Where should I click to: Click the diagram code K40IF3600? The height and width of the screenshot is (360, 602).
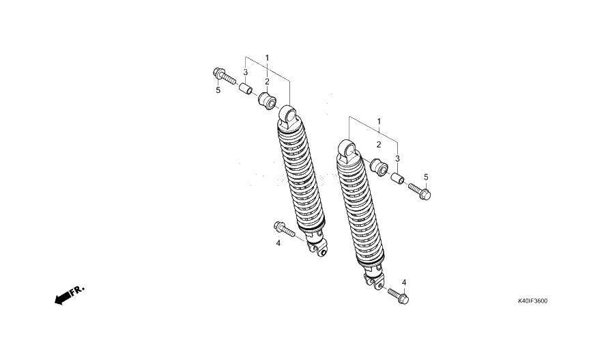click(532, 301)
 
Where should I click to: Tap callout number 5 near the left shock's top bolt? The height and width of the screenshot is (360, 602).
click(218, 90)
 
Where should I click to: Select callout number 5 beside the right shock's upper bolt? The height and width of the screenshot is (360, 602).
click(426, 177)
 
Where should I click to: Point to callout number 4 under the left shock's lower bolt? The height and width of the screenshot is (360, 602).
click(278, 243)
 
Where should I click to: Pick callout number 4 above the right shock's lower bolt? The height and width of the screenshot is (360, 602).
click(404, 283)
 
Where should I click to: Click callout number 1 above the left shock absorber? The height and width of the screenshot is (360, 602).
click(268, 58)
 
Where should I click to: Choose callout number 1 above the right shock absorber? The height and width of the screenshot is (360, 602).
click(379, 122)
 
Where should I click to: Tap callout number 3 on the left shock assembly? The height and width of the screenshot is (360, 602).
click(245, 72)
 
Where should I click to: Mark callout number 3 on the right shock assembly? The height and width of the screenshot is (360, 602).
click(397, 158)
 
